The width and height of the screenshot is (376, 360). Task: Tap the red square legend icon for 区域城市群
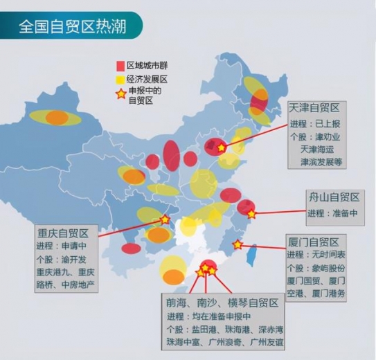(x=118, y=65)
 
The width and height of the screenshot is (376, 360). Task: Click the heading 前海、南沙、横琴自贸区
(x=222, y=303)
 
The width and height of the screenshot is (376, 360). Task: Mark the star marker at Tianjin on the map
(x=222, y=147)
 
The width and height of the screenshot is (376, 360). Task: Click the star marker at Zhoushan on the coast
(x=251, y=215)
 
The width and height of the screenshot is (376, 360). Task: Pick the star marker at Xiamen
(x=238, y=244)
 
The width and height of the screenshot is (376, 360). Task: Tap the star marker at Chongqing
(x=165, y=219)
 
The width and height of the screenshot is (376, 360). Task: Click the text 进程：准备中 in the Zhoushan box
(x=332, y=213)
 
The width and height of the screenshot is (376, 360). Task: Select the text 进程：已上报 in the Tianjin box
(x=315, y=124)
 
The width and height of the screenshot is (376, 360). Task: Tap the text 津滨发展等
(x=322, y=161)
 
